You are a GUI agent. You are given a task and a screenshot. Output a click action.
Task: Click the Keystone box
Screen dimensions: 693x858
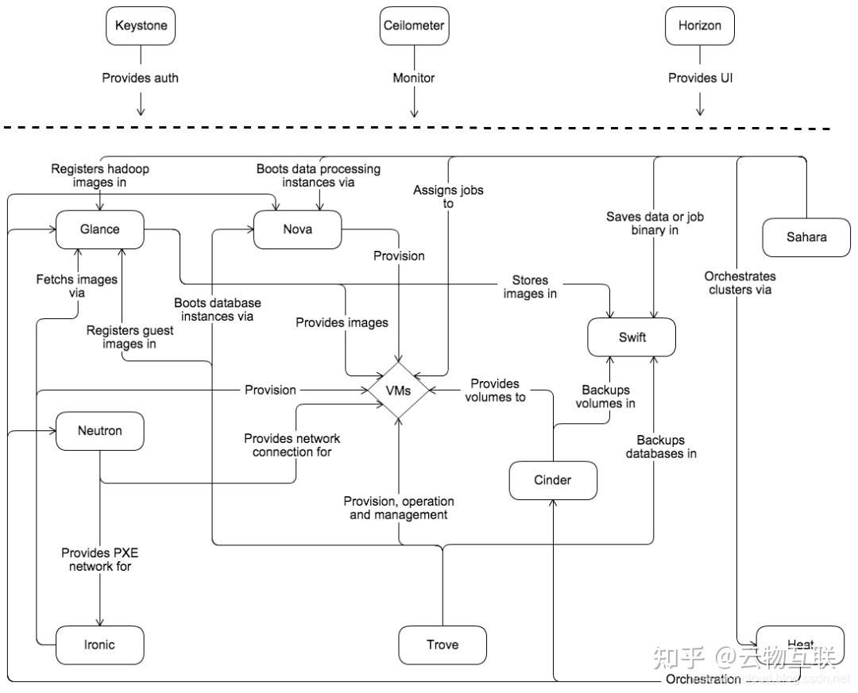pos(141,25)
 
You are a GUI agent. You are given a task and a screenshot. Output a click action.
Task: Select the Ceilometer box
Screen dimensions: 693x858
pos(413,25)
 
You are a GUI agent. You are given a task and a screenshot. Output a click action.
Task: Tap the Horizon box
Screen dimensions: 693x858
pos(699,25)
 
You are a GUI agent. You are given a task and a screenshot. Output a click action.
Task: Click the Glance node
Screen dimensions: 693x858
pos(99,229)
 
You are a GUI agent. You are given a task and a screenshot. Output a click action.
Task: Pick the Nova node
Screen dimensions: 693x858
pos(297,229)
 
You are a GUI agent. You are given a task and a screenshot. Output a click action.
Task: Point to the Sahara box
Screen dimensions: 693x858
pos(806,237)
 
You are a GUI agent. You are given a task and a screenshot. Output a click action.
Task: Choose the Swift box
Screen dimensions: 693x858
pos(632,337)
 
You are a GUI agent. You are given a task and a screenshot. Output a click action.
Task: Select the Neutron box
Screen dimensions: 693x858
pos(99,431)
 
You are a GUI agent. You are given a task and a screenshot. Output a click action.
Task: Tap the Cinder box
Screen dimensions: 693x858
pos(552,479)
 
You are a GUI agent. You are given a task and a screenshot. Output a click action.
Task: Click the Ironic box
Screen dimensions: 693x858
pos(99,645)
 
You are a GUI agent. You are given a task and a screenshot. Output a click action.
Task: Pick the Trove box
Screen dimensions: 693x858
pos(442,645)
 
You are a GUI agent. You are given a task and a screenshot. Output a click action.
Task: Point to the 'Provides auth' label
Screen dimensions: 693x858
pos(141,78)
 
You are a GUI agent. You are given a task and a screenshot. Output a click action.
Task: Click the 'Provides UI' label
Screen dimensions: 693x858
pos(699,78)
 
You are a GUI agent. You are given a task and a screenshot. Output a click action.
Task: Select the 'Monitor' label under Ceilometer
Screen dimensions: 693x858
pos(413,78)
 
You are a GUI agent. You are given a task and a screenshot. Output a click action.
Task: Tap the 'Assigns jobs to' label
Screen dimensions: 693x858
pos(448,197)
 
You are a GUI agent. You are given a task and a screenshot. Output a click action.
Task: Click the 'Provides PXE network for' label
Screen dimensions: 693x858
pos(100,560)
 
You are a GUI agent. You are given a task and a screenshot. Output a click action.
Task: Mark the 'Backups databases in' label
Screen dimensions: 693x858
pos(661,447)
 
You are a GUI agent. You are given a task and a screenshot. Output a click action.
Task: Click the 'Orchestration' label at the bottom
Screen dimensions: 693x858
pos(703,679)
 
